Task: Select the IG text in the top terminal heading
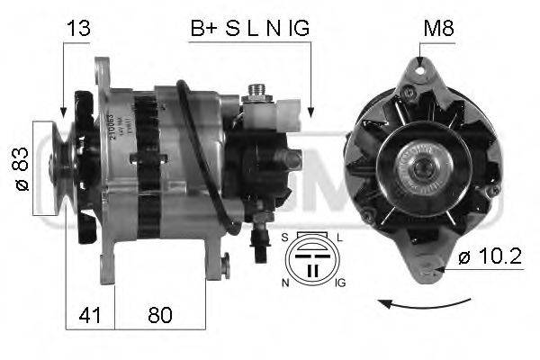tap(299, 28)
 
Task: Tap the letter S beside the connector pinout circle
tap(285, 237)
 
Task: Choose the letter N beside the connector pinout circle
tap(284, 283)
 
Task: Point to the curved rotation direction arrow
tap(424, 304)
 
